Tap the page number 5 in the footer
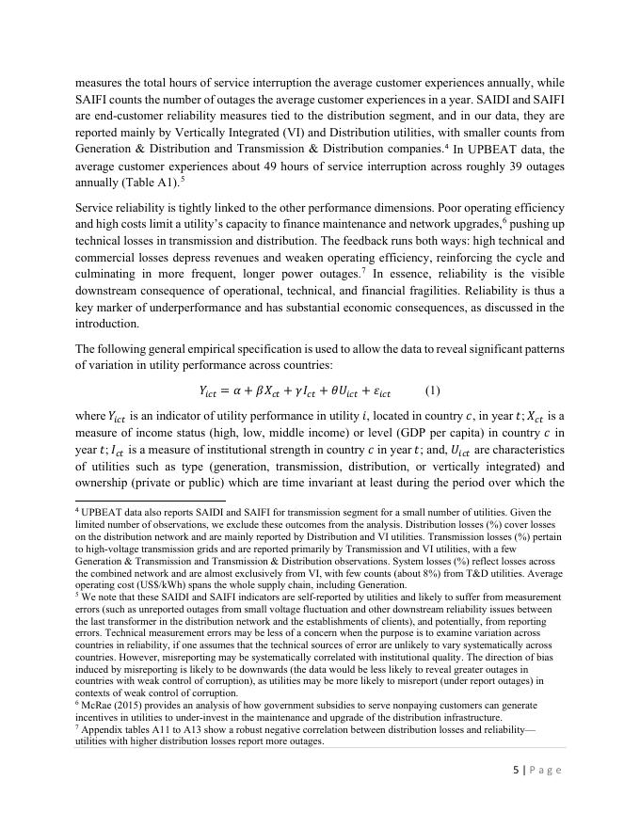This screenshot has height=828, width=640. (x=515, y=770)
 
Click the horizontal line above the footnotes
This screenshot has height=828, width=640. (x=150, y=501)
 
